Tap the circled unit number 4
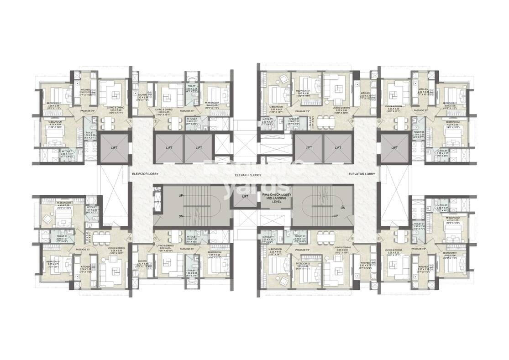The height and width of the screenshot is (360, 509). point(379,121)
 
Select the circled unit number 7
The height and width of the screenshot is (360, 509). point(155,237)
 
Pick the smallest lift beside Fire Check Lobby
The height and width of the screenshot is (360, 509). point(245,197)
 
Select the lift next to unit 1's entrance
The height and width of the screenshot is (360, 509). point(112,147)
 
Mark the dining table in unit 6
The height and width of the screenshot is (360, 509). point(324,237)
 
